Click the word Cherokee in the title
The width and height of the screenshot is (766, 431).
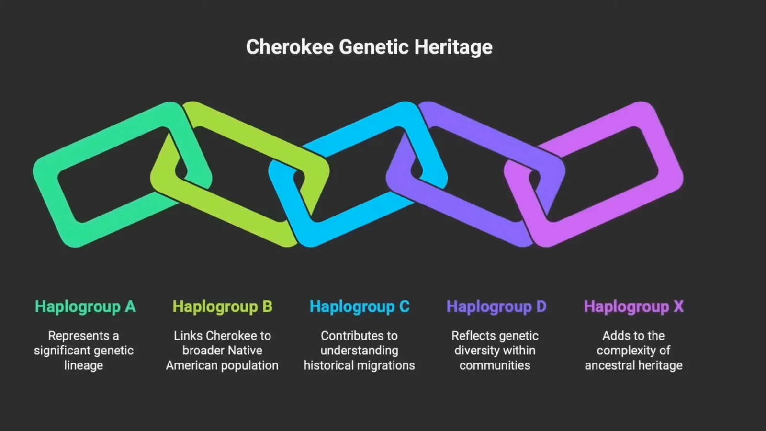[290, 47]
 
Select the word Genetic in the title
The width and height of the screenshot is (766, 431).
[374, 47]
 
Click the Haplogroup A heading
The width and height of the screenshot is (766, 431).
[85, 306]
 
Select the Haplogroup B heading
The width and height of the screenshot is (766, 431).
[222, 306]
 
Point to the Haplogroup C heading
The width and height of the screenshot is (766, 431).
[360, 306]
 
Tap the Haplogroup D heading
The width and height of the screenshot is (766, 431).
[496, 306]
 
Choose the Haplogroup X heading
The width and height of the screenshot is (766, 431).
[633, 306]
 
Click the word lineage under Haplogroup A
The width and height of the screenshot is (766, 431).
[84, 365]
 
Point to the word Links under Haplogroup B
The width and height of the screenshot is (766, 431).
[188, 336]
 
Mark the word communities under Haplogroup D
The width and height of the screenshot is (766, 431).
[495, 365]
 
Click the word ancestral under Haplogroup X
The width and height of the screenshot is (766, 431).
[609, 365]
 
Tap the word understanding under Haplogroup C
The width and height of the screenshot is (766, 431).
[360, 351]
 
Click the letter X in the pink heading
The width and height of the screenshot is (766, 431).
[678, 306]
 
